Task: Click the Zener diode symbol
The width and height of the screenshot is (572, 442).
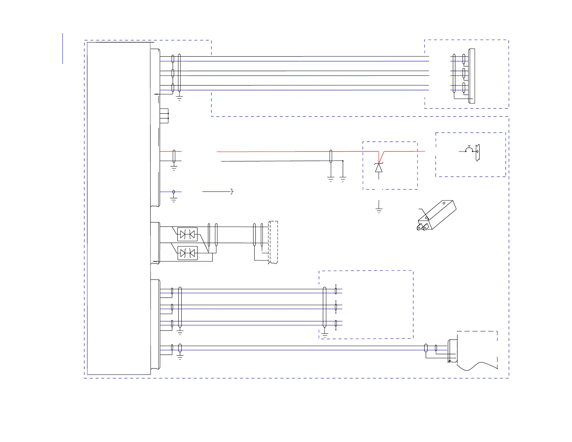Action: (x=378, y=168)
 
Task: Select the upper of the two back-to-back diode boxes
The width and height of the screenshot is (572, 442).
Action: (x=187, y=234)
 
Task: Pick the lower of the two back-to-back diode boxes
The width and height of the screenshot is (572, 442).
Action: (x=187, y=253)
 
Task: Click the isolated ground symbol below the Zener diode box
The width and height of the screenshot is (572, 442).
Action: (x=379, y=210)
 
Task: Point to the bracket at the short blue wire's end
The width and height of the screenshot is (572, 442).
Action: (x=232, y=191)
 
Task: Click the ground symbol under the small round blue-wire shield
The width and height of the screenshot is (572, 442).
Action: (x=174, y=200)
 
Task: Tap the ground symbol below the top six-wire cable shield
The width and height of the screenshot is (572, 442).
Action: (x=179, y=97)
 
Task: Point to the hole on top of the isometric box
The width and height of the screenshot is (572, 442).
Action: (x=444, y=203)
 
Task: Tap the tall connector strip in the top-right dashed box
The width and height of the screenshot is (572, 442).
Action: (x=471, y=76)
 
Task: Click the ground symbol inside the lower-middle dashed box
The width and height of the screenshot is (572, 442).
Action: (x=325, y=335)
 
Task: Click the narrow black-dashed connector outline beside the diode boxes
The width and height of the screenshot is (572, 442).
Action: (x=273, y=242)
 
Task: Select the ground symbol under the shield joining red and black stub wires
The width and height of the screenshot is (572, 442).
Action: (x=174, y=168)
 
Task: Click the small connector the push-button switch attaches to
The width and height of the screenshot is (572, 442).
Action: (x=478, y=152)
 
